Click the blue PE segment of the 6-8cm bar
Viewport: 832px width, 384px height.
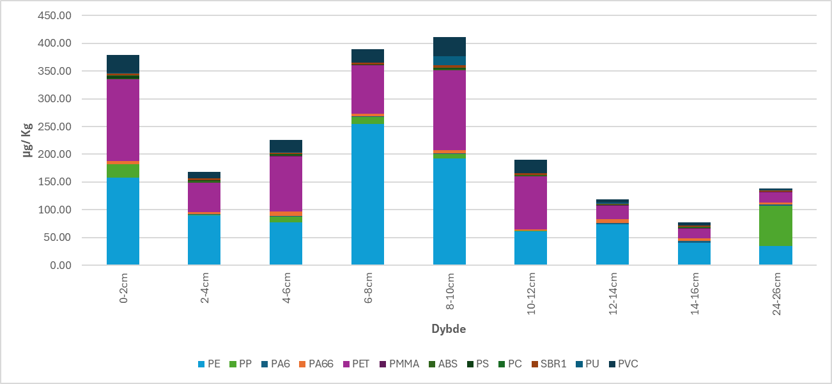[x=367, y=194]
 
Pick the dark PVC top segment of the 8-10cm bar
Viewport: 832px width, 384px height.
[x=449, y=47]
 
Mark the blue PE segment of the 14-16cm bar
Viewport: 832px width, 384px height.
[x=694, y=254]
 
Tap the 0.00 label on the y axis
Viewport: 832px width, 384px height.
[x=59, y=265]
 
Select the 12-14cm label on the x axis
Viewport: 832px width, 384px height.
[x=613, y=295]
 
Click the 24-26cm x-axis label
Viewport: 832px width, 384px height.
[x=776, y=295]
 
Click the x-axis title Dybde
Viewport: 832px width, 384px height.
[x=449, y=330]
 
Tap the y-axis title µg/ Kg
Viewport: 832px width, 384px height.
[x=29, y=140]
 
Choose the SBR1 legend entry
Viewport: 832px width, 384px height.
[x=548, y=364]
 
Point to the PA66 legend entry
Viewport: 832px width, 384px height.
[x=316, y=364]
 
